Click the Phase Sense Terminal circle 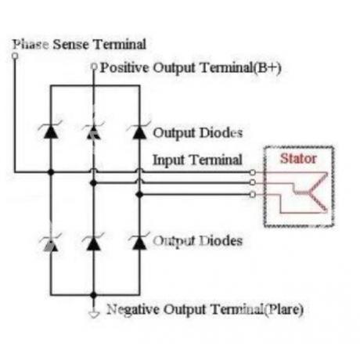[15, 56]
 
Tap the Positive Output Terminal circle [94, 67]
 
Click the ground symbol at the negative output [94, 315]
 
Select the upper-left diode [51, 130]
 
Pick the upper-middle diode [93, 131]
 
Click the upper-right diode [139, 130]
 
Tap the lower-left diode [51, 243]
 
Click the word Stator [298, 159]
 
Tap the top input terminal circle [252, 172]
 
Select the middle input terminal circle [252, 182]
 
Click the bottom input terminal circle [252, 194]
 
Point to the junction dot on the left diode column [51, 172]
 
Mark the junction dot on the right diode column [139, 195]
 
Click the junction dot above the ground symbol [93, 295]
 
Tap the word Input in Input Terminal [168, 160]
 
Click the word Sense [70, 45]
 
